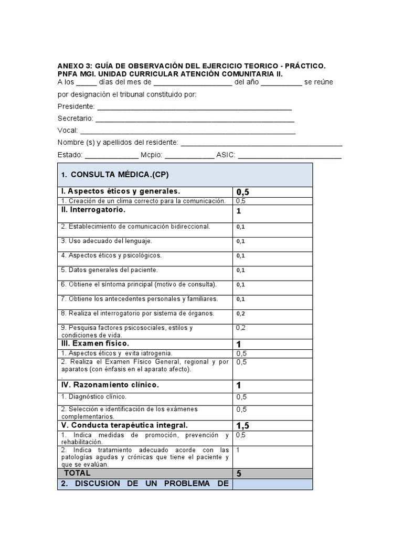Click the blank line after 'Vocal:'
[x=188, y=131]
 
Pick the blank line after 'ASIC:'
[x=290, y=156]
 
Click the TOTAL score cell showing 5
[x=239, y=473]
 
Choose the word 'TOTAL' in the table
[x=77, y=473]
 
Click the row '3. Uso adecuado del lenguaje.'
[x=107, y=241]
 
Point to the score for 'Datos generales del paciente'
[x=241, y=271]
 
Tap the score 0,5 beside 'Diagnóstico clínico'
[x=241, y=397]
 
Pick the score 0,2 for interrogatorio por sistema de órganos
[x=241, y=314]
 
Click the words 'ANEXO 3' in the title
[x=71, y=66]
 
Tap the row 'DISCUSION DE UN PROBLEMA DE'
[x=145, y=484]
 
